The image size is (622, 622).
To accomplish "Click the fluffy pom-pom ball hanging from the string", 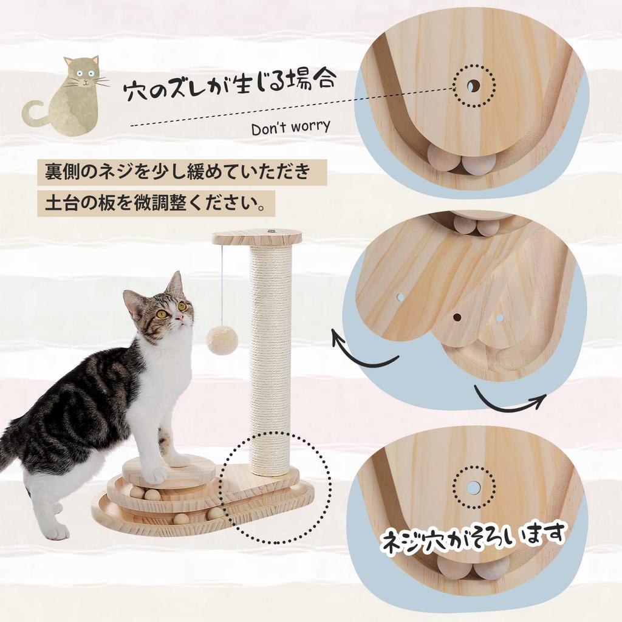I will pos(222,340).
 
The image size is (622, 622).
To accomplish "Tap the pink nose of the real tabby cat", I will pos(179,317).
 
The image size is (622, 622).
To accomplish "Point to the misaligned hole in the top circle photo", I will pos(474,86).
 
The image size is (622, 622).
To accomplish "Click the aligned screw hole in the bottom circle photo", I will pos(473,487).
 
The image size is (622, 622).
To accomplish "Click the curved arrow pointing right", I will pos(510,401).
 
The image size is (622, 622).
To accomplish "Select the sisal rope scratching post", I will pos(270,358).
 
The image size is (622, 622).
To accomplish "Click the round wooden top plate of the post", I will pos(257,237).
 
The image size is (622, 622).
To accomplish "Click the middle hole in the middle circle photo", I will pos(456,316).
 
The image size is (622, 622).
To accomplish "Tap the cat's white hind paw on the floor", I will pos(56,531).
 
